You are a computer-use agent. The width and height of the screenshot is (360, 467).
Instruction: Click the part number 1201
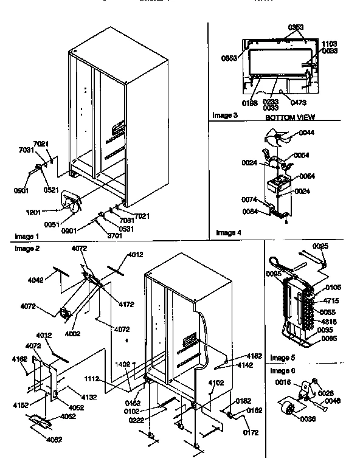coord(34,212)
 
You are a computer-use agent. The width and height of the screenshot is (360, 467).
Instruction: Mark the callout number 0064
coord(306,176)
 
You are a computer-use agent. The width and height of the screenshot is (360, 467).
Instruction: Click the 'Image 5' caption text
coord(282,357)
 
